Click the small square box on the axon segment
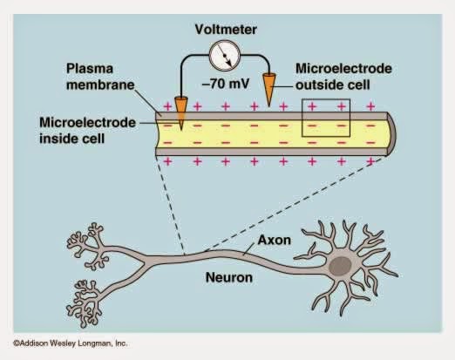(325, 118)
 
